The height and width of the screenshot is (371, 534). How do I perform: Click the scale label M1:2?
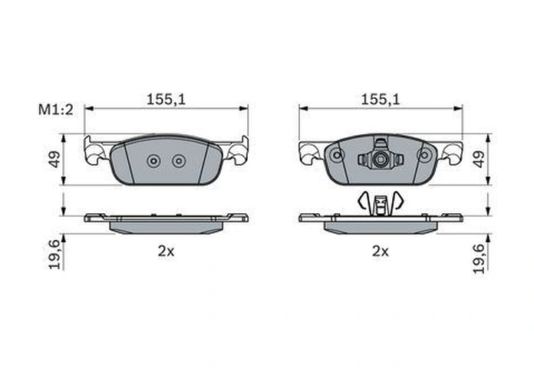coord(55,110)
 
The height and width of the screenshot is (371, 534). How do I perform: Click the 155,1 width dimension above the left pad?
coord(166,100)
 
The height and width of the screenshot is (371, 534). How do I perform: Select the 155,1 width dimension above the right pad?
coord(381,100)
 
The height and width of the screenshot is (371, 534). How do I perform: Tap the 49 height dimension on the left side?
coord(54,159)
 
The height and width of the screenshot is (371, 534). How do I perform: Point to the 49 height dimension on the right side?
coord(479,159)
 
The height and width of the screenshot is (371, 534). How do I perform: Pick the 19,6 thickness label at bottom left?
coord(54,254)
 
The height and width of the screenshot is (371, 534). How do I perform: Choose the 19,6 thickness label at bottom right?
coord(479,259)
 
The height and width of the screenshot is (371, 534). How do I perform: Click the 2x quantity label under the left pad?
coord(166,251)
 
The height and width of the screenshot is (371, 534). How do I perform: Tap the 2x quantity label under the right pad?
coord(381,251)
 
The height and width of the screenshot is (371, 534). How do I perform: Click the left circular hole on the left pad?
coord(153,161)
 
